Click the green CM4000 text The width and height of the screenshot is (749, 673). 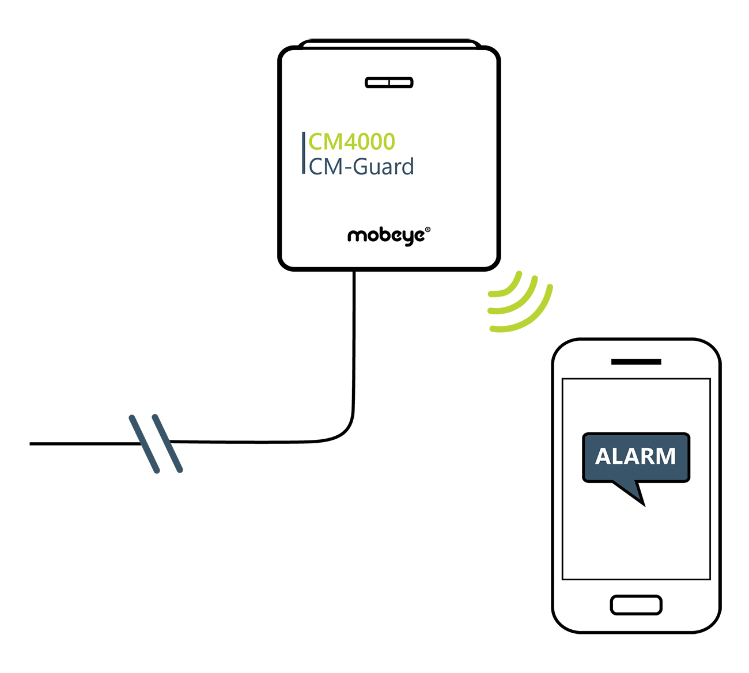351,142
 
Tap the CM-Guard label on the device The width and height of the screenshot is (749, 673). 361,167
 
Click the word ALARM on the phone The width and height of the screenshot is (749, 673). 635,457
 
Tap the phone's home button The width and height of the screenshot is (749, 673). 635,605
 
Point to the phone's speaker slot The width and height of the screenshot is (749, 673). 636,362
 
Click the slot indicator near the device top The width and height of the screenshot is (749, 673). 389,83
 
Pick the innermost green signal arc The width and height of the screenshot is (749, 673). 510,287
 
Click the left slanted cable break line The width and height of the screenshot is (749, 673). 144,444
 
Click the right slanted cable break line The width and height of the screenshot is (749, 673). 167,443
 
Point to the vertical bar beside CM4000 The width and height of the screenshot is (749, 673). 304,153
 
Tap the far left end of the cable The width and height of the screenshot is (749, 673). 32,444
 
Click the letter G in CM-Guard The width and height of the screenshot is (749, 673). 360,167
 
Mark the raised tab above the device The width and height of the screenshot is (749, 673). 389,43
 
